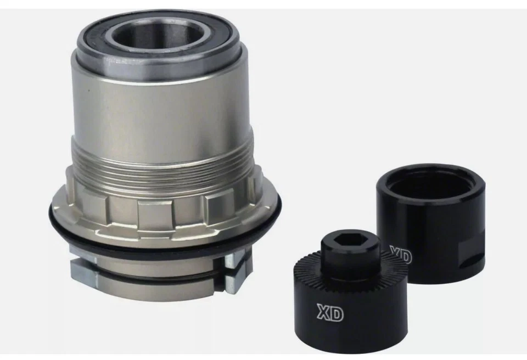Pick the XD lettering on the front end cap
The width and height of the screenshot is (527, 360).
pos(330,313)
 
